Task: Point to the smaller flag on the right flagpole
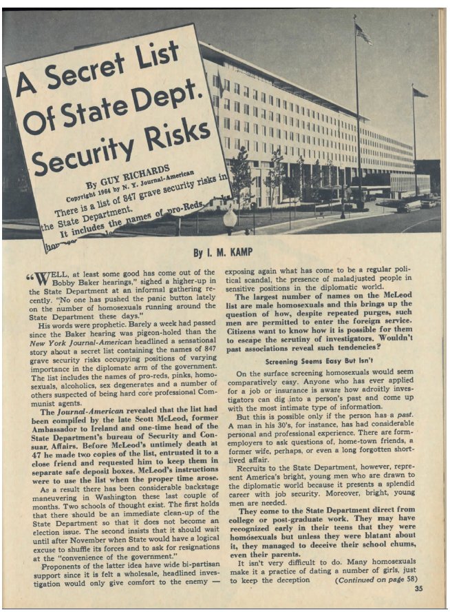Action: pos(419,92)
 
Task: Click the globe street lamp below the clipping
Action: pos(230,219)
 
